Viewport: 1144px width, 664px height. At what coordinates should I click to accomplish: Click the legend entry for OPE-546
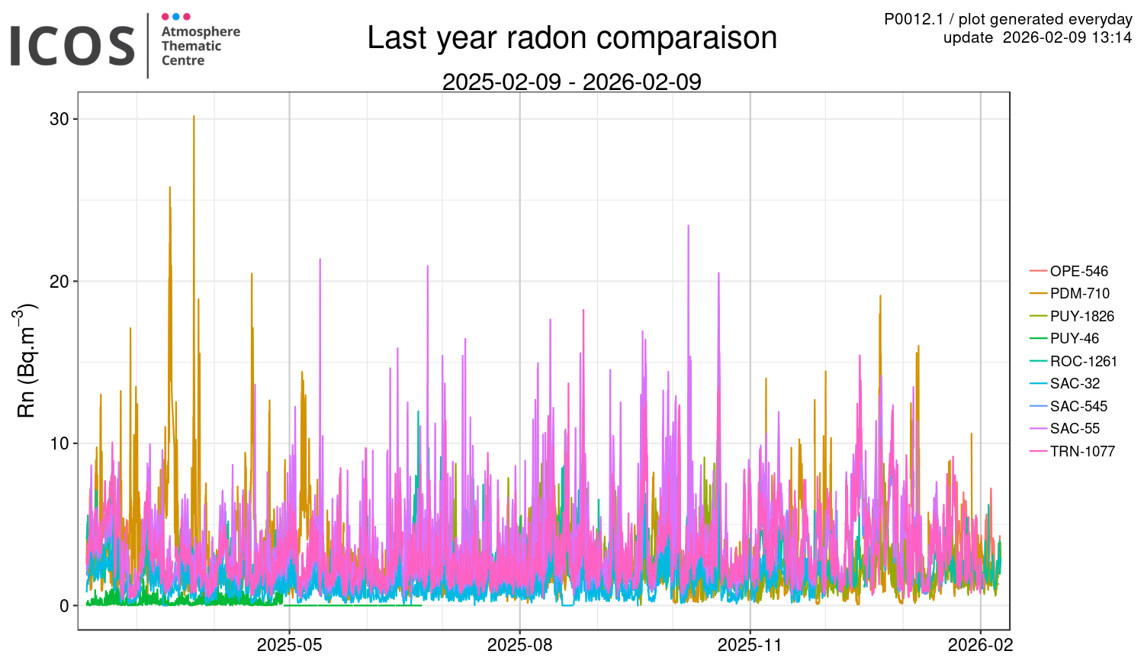point(1078,271)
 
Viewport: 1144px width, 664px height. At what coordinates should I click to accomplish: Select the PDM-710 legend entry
point(1079,294)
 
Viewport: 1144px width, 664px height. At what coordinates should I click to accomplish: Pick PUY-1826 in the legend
point(1081,316)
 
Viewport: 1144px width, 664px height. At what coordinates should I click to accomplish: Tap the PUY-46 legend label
point(1074,339)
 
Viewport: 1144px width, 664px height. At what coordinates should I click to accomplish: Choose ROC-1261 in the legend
point(1083,361)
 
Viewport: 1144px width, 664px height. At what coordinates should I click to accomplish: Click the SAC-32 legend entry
point(1074,384)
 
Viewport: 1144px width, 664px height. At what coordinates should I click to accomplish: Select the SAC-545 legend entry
point(1078,406)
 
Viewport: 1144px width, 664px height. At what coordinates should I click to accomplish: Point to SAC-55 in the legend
point(1074,429)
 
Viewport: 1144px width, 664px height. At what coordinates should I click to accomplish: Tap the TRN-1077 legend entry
point(1082,451)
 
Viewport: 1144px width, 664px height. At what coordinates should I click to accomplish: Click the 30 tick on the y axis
point(59,119)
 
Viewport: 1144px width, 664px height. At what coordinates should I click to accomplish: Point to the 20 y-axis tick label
point(59,282)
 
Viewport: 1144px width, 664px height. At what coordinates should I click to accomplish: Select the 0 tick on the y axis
point(64,606)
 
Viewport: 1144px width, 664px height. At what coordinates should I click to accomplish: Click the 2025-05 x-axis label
point(290,645)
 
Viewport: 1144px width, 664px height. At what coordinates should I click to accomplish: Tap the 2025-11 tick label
point(750,645)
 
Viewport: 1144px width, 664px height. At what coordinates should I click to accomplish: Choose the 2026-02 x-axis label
point(980,645)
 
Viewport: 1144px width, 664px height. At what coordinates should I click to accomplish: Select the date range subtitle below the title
point(572,82)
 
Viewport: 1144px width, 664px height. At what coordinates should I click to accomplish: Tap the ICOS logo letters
point(72,46)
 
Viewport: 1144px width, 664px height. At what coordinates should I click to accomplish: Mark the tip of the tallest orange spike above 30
point(194,116)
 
